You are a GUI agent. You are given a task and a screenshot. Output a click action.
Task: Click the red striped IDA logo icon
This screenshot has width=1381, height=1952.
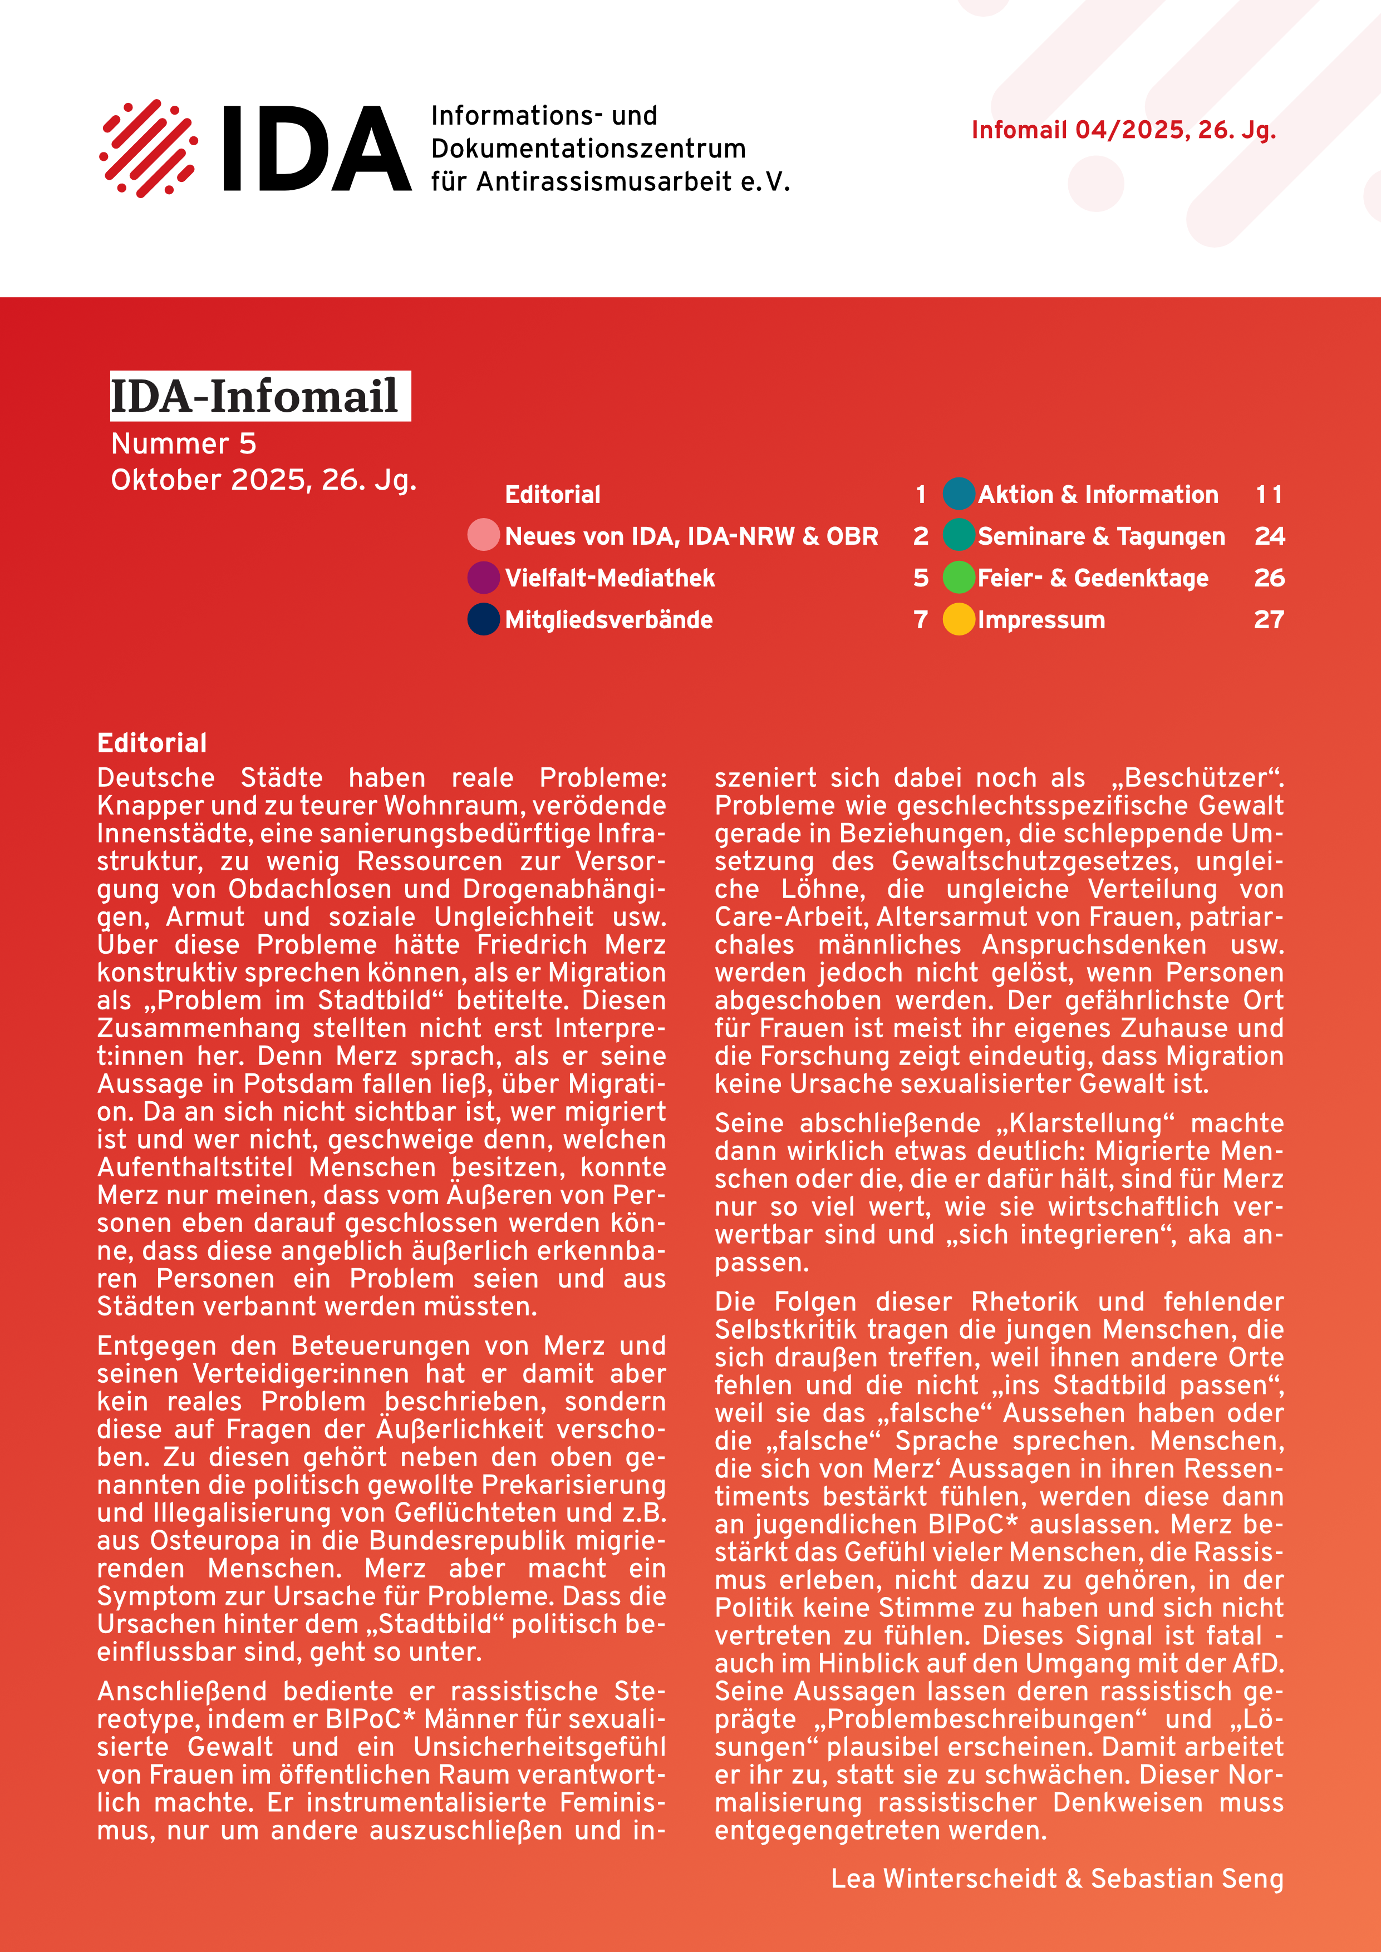pos(149,149)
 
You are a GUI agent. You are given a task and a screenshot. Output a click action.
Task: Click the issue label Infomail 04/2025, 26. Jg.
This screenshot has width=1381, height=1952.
pos(1123,130)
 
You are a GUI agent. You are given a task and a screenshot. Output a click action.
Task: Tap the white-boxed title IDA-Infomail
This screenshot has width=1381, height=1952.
pos(259,396)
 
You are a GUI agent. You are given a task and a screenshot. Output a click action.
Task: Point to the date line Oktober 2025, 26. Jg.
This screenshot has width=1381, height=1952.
pos(264,480)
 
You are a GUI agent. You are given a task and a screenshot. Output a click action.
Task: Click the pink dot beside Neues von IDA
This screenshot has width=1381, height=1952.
pos(483,536)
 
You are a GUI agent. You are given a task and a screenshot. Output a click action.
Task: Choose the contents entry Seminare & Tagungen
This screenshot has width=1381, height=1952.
pos(1100,536)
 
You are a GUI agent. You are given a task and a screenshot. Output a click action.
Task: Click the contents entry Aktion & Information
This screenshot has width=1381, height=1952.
pos(1097,494)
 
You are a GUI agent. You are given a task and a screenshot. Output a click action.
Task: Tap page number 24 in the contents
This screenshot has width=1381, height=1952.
pos(1269,536)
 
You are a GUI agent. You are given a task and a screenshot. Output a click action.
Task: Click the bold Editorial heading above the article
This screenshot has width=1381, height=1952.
pos(151,743)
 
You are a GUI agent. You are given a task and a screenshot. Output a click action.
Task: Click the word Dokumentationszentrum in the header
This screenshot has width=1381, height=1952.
pos(588,149)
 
